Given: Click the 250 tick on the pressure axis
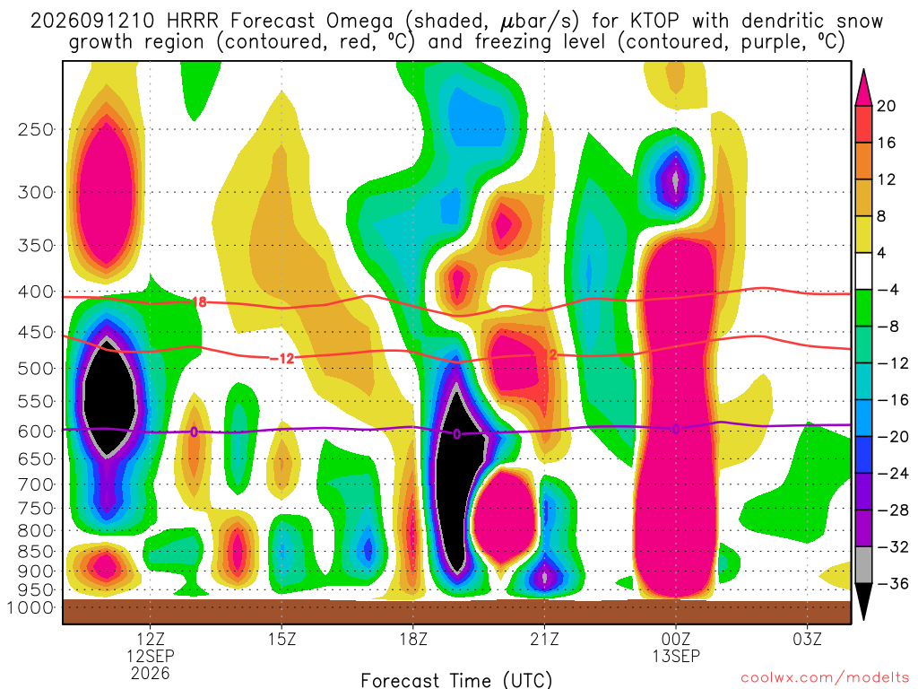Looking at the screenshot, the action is coord(36,129).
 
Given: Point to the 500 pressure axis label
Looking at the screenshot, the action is coord(36,369).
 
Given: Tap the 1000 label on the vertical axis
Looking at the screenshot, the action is coord(30,607).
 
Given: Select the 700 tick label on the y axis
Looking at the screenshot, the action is coord(36,484).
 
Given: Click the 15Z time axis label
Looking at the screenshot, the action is coord(282,639).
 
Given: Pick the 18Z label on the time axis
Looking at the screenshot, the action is coord(413,639).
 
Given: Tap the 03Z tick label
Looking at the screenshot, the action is coord(808,639).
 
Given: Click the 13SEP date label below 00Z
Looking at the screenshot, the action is coord(676,656).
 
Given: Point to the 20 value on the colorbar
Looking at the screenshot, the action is coord(886,106).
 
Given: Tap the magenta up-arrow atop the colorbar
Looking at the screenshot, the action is coord(863,87).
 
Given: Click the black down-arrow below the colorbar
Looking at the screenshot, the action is coord(863,601).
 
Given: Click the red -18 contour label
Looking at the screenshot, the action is coord(198,301).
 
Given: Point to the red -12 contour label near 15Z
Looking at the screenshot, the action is coord(282,358).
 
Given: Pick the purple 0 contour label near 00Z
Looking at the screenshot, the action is coord(676,429).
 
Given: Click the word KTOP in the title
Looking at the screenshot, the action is coord(654,22).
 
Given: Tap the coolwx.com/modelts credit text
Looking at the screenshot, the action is coord(825,677).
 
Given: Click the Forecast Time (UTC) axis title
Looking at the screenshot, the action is coord(456,680).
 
